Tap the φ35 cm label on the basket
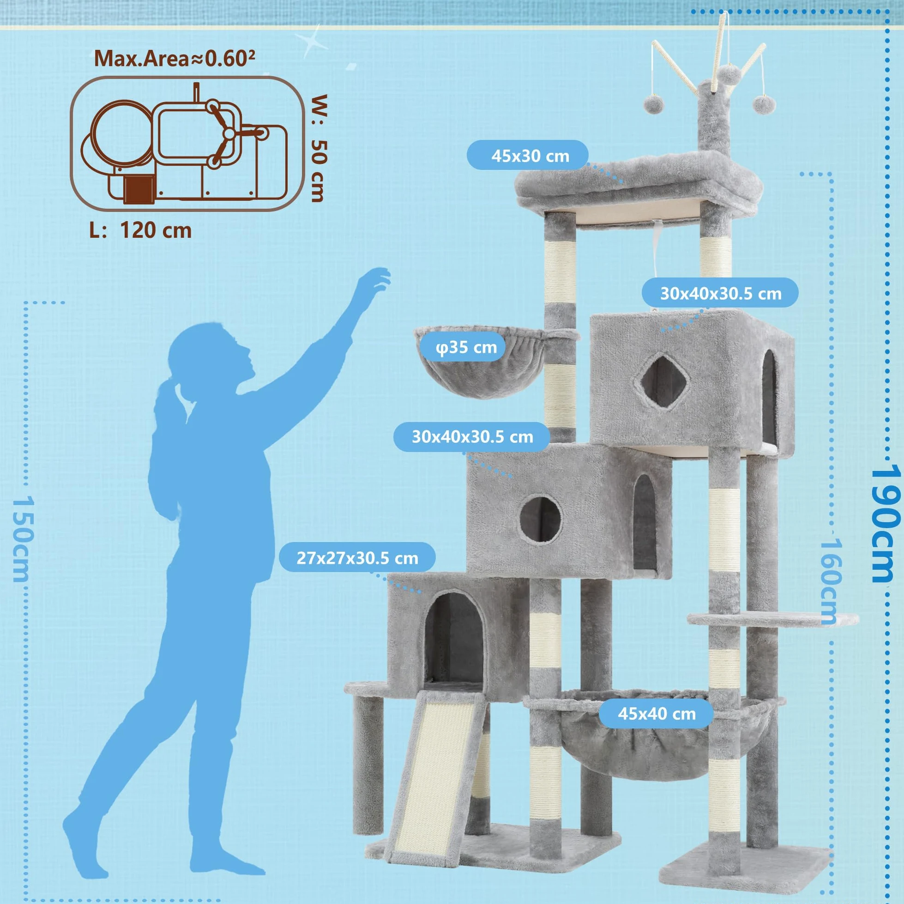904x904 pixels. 466,348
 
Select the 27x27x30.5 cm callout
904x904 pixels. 357,558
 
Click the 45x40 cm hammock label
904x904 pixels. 657,714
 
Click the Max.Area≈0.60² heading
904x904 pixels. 175,59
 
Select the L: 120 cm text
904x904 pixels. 140,231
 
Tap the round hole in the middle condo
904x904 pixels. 541,519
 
